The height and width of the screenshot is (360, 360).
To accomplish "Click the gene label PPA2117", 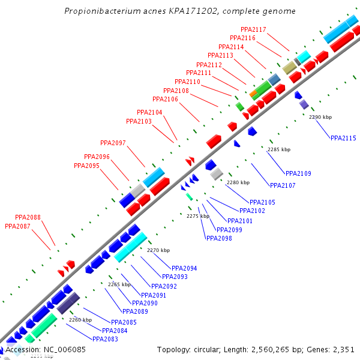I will pyautogui.click(x=253, y=29).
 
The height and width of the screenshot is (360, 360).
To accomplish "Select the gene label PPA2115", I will pyautogui.click(x=343, y=138).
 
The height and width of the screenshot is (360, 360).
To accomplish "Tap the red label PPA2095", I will pyautogui.click(x=86, y=166).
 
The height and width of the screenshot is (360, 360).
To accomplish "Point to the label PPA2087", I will pyautogui.click(x=17, y=226).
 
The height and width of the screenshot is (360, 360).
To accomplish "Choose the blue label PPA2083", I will pyautogui.click(x=106, y=339).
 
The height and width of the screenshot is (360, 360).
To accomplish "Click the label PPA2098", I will pyautogui.click(x=219, y=238).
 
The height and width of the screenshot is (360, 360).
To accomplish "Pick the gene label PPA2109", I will pyautogui.click(x=298, y=173).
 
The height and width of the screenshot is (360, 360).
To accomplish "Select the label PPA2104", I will pyautogui.click(x=149, y=112).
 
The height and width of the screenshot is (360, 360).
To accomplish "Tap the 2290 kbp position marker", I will pyautogui.click(x=320, y=117).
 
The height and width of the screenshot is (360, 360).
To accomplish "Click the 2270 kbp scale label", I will pyautogui.click(x=158, y=250).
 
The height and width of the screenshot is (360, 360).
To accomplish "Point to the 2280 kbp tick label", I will pyautogui.click(x=237, y=182).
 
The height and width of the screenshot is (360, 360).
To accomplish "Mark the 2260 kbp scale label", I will pyautogui.click(x=80, y=320).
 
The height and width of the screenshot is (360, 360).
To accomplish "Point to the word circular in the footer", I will pyautogui.click(x=209, y=349).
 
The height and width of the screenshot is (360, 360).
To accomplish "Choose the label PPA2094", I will pyautogui.click(x=184, y=268).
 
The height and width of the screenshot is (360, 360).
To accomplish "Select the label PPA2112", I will pyautogui.click(x=209, y=65).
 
